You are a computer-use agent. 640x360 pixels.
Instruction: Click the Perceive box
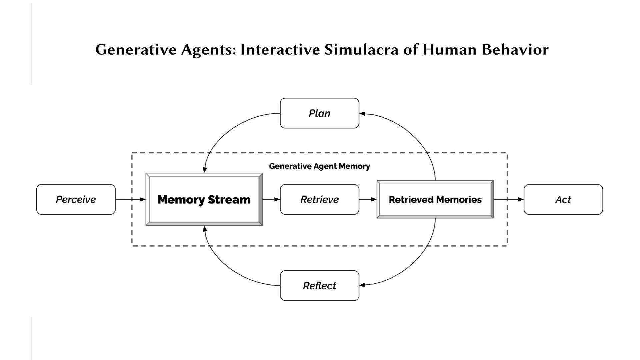[76, 199]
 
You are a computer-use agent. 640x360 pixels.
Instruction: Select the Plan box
[320, 113]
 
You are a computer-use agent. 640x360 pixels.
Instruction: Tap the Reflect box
[320, 286]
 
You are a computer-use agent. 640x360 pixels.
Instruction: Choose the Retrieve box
[320, 199]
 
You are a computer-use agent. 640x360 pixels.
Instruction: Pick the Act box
[563, 199]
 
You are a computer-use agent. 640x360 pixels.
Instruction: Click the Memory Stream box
[204, 199]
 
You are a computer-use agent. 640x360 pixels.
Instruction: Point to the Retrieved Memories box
[435, 199]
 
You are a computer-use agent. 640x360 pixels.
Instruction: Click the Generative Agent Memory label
[319, 166]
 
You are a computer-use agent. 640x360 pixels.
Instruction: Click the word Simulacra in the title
[361, 50]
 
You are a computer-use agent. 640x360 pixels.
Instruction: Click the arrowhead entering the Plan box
[362, 114]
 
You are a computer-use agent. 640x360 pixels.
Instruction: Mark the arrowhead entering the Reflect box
[362, 285]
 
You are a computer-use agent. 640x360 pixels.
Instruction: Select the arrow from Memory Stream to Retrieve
[271, 199]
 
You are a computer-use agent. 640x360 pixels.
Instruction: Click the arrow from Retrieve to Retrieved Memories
[368, 199]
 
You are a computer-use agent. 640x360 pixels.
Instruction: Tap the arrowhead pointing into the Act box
[521, 199]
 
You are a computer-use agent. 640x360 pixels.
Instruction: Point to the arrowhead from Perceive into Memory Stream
[143, 199]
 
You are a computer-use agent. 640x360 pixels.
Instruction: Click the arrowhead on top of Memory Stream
[205, 170]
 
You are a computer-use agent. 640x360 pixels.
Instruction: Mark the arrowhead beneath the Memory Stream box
[205, 229]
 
